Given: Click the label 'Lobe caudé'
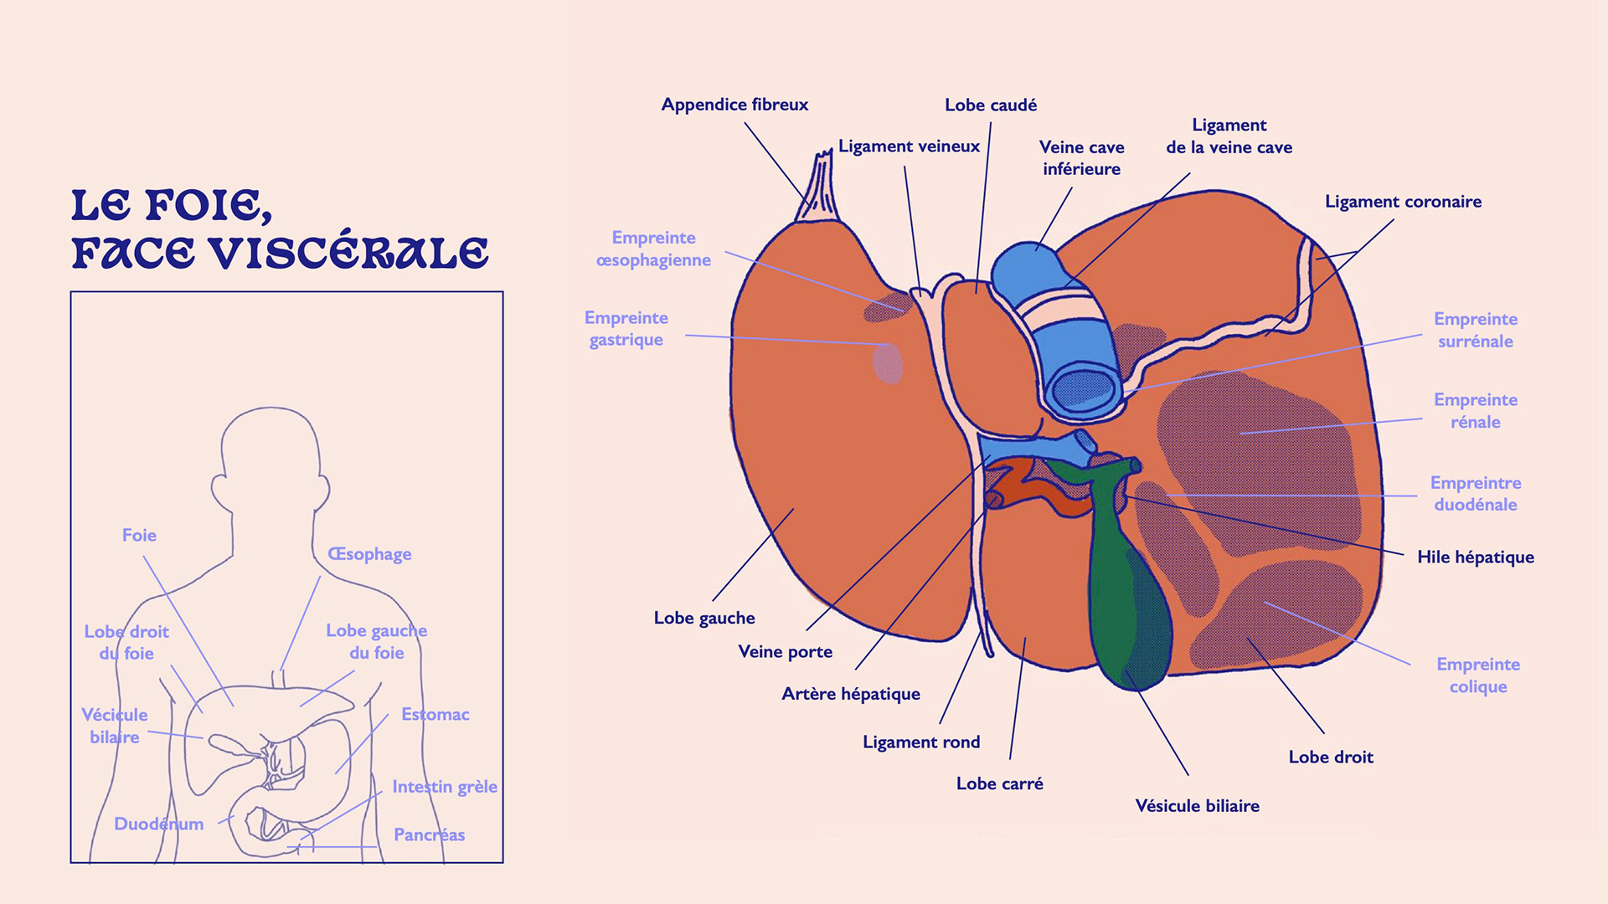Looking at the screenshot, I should click(x=991, y=105).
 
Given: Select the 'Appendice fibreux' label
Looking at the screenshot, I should click(x=734, y=105).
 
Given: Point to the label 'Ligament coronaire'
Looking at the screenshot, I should click(x=1403, y=202).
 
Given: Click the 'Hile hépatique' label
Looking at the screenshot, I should click(x=1475, y=557).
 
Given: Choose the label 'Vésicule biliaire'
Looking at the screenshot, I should click(x=1197, y=806).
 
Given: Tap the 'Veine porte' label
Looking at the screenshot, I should click(x=785, y=652).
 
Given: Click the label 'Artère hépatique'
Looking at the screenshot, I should click(x=850, y=694).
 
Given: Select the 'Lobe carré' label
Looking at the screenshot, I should click(x=999, y=784).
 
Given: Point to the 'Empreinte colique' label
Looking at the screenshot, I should click(x=1477, y=675).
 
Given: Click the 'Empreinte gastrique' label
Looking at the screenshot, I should click(x=626, y=329).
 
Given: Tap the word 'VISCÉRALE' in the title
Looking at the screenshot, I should click(x=348, y=254).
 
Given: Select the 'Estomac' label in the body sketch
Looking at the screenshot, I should click(x=435, y=715).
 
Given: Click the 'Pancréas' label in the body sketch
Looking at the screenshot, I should click(x=429, y=835).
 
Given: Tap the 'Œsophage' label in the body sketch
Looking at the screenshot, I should click(x=369, y=554).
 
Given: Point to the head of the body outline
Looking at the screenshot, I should click(x=270, y=452).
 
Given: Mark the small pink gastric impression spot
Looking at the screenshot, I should click(x=888, y=363).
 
